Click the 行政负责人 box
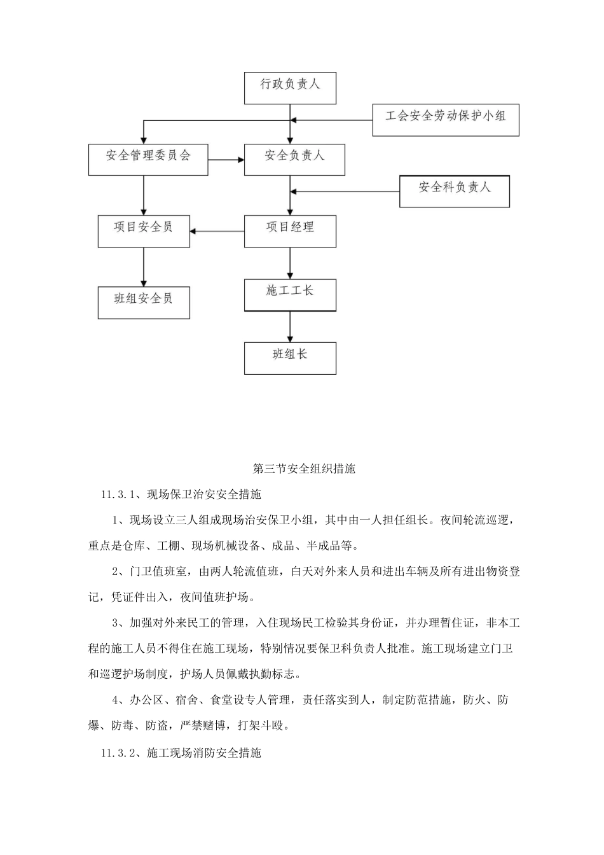(290, 88)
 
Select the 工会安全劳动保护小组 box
(445, 120)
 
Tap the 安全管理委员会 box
(148, 159)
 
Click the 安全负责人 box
(294, 159)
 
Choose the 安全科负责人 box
(454, 191)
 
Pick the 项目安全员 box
(144, 231)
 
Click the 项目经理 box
(290, 231)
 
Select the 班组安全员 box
(144, 302)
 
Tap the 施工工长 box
(290, 295)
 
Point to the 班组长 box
(290, 358)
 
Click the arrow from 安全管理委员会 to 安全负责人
(226, 160)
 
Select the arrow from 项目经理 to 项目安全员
(217, 231)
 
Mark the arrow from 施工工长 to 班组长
(291, 327)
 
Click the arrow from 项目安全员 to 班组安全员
(144, 267)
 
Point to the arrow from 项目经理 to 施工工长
(291, 263)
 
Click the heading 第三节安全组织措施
(304, 469)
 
